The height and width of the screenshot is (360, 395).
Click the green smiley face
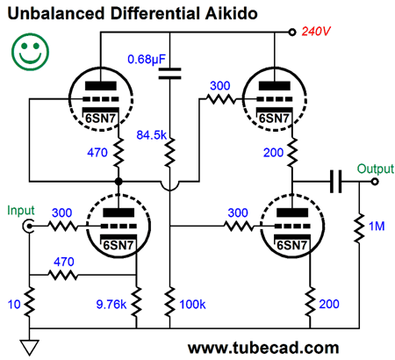point(30,52)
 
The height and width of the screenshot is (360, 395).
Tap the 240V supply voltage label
point(316,31)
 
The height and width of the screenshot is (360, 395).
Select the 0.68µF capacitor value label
point(147,60)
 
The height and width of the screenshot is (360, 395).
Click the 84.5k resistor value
point(151,135)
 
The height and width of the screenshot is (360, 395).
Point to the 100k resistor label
point(192,305)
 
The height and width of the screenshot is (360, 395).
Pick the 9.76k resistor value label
point(111,305)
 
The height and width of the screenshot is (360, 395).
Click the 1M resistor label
point(377,227)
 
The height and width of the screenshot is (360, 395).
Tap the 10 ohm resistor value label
point(14,305)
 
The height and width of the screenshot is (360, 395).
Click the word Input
point(21,211)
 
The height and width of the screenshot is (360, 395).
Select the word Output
point(376,169)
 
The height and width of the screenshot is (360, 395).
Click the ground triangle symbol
point(29,348)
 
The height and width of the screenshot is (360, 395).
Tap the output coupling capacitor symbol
point(335,182)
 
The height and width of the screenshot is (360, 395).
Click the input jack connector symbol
point(29,226)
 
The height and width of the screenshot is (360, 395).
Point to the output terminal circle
point(375,182)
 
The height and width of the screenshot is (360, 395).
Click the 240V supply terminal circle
point(292,32)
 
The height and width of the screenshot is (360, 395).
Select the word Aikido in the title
point(231,13)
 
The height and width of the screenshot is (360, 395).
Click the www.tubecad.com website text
point(263,349)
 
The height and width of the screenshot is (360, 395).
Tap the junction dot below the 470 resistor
point(118,182)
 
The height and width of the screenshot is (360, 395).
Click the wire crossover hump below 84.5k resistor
point(169,186)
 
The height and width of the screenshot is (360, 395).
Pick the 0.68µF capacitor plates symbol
point(169,74)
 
